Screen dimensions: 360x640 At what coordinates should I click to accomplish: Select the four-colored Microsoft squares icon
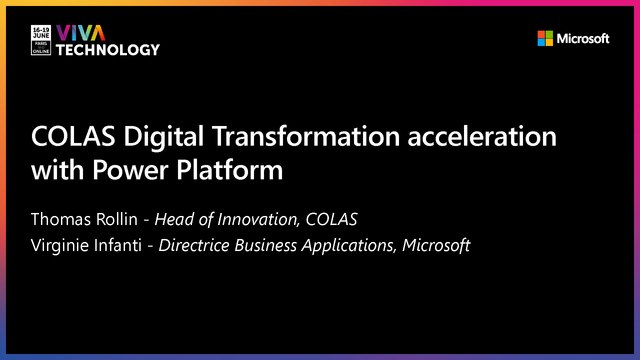tap(545, 39)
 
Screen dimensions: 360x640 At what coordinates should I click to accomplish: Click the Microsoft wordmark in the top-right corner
tap(583, 39)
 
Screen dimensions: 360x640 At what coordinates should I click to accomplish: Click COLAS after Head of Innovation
tap(361, 220)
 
